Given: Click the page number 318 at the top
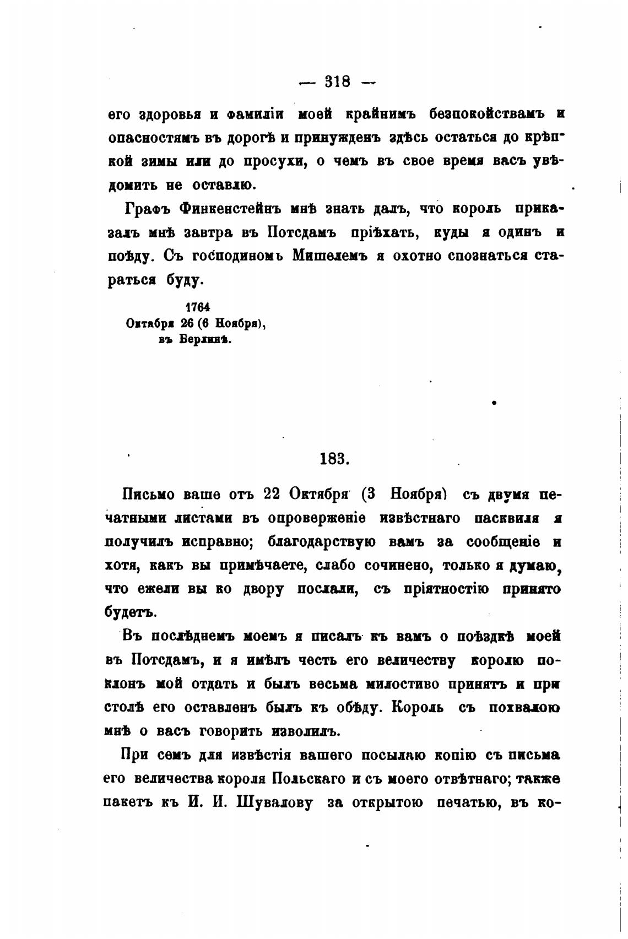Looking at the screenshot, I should coord(337,82).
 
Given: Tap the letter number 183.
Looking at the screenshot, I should coord(334,458).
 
